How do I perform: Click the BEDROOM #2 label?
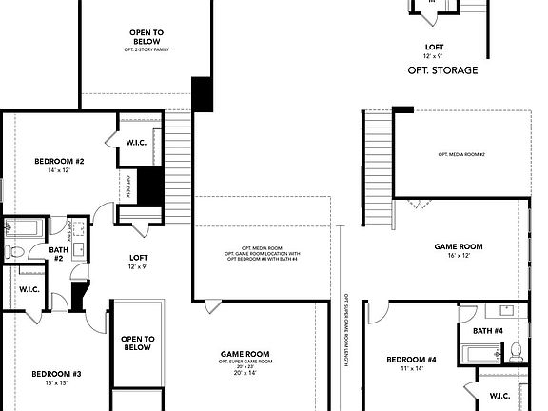(60, 161)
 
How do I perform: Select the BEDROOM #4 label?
(411, 359)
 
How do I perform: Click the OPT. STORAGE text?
(442, 70)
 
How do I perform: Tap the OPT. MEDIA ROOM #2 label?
(461, 154)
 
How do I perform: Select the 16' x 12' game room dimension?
(459, 256)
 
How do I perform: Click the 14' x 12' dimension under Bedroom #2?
(60, 171)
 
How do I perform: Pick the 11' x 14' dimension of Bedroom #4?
(411, 369)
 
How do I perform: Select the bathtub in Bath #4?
(478, 354)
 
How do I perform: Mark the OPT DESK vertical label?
(127, 184)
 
